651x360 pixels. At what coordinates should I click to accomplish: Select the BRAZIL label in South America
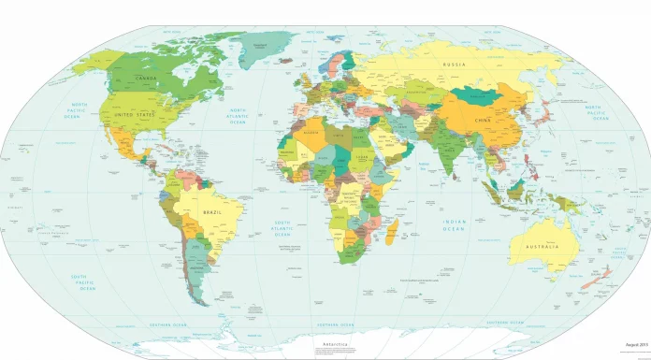214,213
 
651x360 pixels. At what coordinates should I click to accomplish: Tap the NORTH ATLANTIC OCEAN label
239,116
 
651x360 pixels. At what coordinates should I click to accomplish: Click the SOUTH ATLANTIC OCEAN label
282,229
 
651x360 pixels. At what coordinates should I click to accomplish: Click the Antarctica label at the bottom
334,345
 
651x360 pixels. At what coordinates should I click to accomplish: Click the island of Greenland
271,47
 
